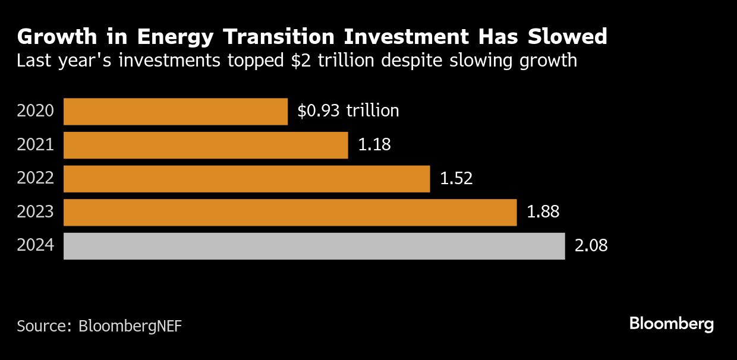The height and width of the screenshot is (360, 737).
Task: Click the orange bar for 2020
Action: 175,111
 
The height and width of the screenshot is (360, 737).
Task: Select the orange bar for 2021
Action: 205,145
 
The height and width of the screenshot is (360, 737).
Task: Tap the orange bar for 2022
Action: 246,179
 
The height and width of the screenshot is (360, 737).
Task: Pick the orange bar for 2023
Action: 289,213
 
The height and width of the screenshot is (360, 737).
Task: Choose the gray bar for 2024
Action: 314,246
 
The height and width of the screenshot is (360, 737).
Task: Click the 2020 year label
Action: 36,111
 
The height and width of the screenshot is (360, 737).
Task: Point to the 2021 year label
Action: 36,145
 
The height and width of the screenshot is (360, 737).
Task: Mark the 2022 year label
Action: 36,179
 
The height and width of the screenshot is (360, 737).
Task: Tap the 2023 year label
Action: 36,213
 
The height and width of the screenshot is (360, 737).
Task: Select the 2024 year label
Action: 36,246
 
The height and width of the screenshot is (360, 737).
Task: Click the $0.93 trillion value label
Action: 348,111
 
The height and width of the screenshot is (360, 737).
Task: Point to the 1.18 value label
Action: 374,145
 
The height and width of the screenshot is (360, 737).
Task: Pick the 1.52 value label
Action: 456,179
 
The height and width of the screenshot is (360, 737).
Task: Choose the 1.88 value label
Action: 543,213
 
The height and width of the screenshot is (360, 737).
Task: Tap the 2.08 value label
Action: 591,246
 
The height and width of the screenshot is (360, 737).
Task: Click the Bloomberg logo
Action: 671,324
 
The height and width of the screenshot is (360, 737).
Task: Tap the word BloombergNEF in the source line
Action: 130,326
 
